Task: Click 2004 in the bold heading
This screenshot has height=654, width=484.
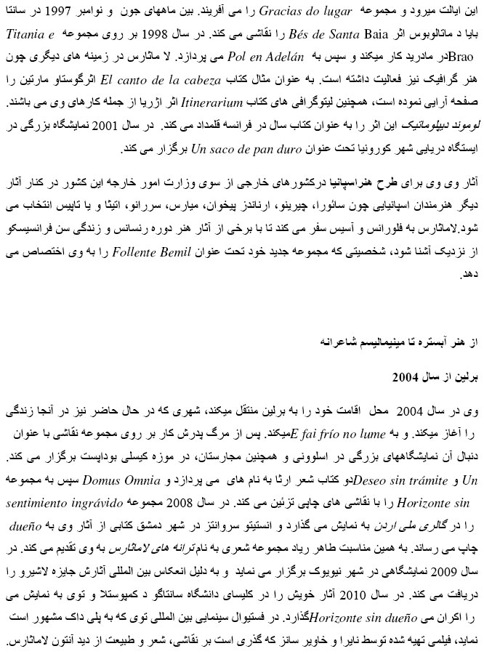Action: pos(405,378)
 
